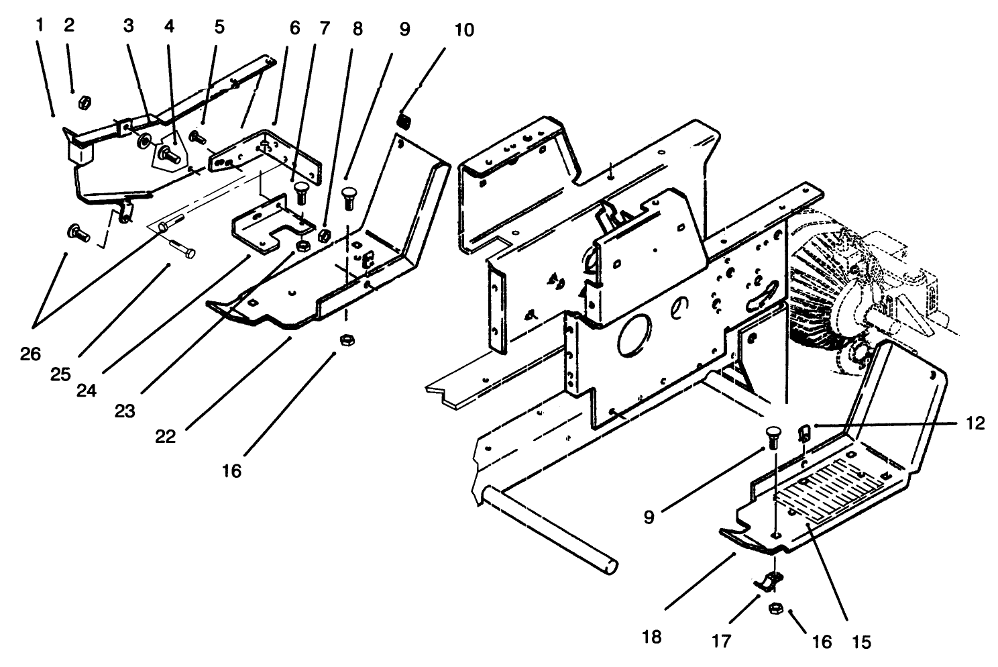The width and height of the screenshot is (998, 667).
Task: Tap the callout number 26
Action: click(x=30, y=353)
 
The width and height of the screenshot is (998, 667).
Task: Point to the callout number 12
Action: click(x=975, y=423)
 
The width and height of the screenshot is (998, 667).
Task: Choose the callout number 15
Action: click(x=861, y=642)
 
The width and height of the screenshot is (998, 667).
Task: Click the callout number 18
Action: click(x=651, y=637)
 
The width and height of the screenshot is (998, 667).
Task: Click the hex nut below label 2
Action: click(x=85, y=102)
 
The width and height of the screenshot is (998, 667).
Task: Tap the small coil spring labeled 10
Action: click(x=405, y=121)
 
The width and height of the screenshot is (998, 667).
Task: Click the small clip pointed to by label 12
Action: click(x=805, y=431)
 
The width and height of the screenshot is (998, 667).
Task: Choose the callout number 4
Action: click(x=169, y=28)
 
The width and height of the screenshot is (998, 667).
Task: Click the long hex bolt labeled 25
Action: click(x=182, y=250)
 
